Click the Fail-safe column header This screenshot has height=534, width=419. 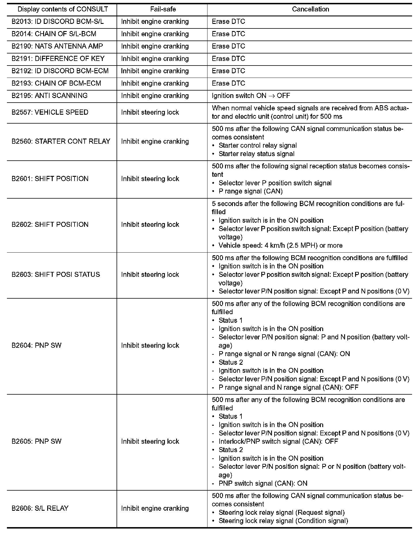pos(163,9)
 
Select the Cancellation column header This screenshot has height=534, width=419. pos(310,9)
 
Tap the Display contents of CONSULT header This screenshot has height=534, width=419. pos(62,9)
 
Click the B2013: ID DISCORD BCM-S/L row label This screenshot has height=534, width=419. pos(58,22)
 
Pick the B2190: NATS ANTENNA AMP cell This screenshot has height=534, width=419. pos(57,46)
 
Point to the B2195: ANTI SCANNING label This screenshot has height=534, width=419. pos(49,96)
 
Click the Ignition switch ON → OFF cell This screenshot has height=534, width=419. pos(251,96)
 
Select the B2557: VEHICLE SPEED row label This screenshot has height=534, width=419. pos(50,112)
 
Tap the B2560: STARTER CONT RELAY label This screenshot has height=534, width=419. pos(61,141)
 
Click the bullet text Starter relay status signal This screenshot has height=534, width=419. pos(256,154)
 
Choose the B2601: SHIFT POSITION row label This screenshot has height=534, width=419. pos(50,179)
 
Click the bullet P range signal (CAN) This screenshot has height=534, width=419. pos(250,191)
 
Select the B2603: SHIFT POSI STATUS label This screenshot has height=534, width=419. pos(56,274)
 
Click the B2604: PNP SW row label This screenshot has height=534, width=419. pos(36,345)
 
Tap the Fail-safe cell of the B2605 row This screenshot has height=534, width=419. pos(150,441)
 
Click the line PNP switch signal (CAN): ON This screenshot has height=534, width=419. pos(263,483)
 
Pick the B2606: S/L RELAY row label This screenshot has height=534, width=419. pos(40,508)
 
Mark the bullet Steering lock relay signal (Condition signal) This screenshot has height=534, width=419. pos(283,521)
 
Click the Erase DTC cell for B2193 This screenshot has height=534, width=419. pos(228,83)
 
